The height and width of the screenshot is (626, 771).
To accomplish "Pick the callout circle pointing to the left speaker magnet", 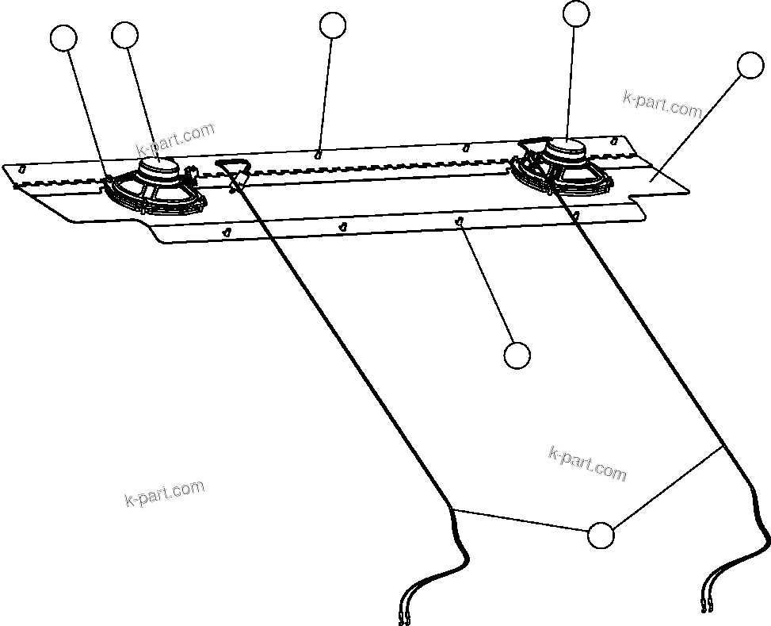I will point(125,35).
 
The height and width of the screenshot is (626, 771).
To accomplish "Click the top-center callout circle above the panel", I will point(333,25).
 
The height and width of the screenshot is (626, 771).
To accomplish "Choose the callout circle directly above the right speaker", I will point(576,13).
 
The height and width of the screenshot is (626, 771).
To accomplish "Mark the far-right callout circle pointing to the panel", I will point(750,65).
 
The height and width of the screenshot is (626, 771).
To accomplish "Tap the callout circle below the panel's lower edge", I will point(517,355).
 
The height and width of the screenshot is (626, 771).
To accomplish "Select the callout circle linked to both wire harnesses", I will point(601,536).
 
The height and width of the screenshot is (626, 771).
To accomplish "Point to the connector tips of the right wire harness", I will point(707,608).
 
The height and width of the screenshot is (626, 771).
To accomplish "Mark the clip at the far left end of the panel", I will point(22,168).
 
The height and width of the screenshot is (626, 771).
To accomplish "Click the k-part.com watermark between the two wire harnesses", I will point(587,463).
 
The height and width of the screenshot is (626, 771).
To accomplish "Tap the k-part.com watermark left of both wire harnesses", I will point(165,493).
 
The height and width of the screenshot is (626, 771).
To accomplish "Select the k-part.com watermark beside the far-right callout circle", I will point(663,104).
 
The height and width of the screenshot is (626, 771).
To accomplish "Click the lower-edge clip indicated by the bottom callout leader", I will point(460,222).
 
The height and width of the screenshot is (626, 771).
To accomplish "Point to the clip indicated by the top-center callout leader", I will point(318,154).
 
